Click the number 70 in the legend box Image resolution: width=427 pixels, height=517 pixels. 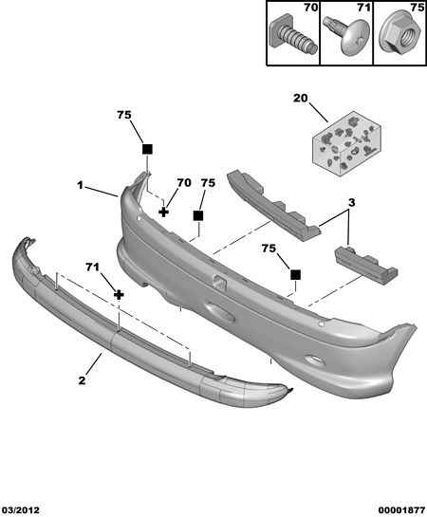click(x=310, y=8)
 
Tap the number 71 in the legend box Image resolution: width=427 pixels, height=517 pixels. click(x=364, y=8)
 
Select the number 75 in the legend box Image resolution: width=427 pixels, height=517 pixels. click(x=418, y=8)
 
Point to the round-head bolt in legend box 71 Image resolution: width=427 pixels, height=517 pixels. click(x=347, y=35)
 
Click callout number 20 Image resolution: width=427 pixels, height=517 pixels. click(x=301, y=98)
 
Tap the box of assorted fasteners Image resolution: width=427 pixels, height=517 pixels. click(x=347, y=144)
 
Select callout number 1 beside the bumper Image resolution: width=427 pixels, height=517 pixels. click(x=80, y=186)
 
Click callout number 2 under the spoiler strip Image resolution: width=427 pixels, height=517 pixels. click(x=82, y=380)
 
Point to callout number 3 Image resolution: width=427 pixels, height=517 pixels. click(x=351, y=202)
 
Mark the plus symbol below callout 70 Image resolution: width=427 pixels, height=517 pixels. click(x=163, y=212)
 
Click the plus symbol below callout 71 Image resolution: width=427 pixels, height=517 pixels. click(x=119, y=295)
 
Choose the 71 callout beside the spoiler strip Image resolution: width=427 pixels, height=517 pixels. click(x=92, y=268)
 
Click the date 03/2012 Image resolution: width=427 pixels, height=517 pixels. click(x=20, y=510)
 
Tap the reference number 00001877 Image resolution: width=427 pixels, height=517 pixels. click(x=401, y=510)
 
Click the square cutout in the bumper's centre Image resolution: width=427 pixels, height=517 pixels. click(x=219, y=282)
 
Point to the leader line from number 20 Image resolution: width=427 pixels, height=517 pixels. click(x=319, y=113)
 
